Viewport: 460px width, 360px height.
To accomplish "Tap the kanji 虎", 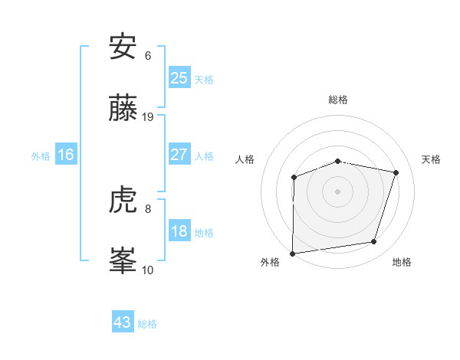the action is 123,201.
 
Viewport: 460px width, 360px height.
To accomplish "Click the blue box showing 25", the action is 179,77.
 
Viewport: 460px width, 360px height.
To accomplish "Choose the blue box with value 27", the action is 179,155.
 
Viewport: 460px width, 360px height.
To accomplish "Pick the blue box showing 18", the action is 179,231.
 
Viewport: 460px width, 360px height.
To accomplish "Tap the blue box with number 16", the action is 66,155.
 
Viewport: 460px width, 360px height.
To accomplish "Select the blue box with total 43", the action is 123,322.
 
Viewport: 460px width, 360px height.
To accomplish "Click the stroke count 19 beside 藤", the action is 148,117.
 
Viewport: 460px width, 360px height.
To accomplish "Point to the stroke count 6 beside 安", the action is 148,56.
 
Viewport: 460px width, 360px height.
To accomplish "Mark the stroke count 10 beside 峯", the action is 148,270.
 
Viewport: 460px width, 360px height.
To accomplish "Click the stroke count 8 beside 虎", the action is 148,208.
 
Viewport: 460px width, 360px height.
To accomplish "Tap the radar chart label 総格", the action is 338,100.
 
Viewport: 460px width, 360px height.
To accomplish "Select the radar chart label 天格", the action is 432,159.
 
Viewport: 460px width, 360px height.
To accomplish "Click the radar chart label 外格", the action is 270,262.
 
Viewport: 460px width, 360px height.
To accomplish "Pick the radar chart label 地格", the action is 402,262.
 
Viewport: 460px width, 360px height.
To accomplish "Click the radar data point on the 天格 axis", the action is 396,172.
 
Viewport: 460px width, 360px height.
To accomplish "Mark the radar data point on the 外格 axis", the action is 293,253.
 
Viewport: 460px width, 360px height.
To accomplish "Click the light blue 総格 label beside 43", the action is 147,324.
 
